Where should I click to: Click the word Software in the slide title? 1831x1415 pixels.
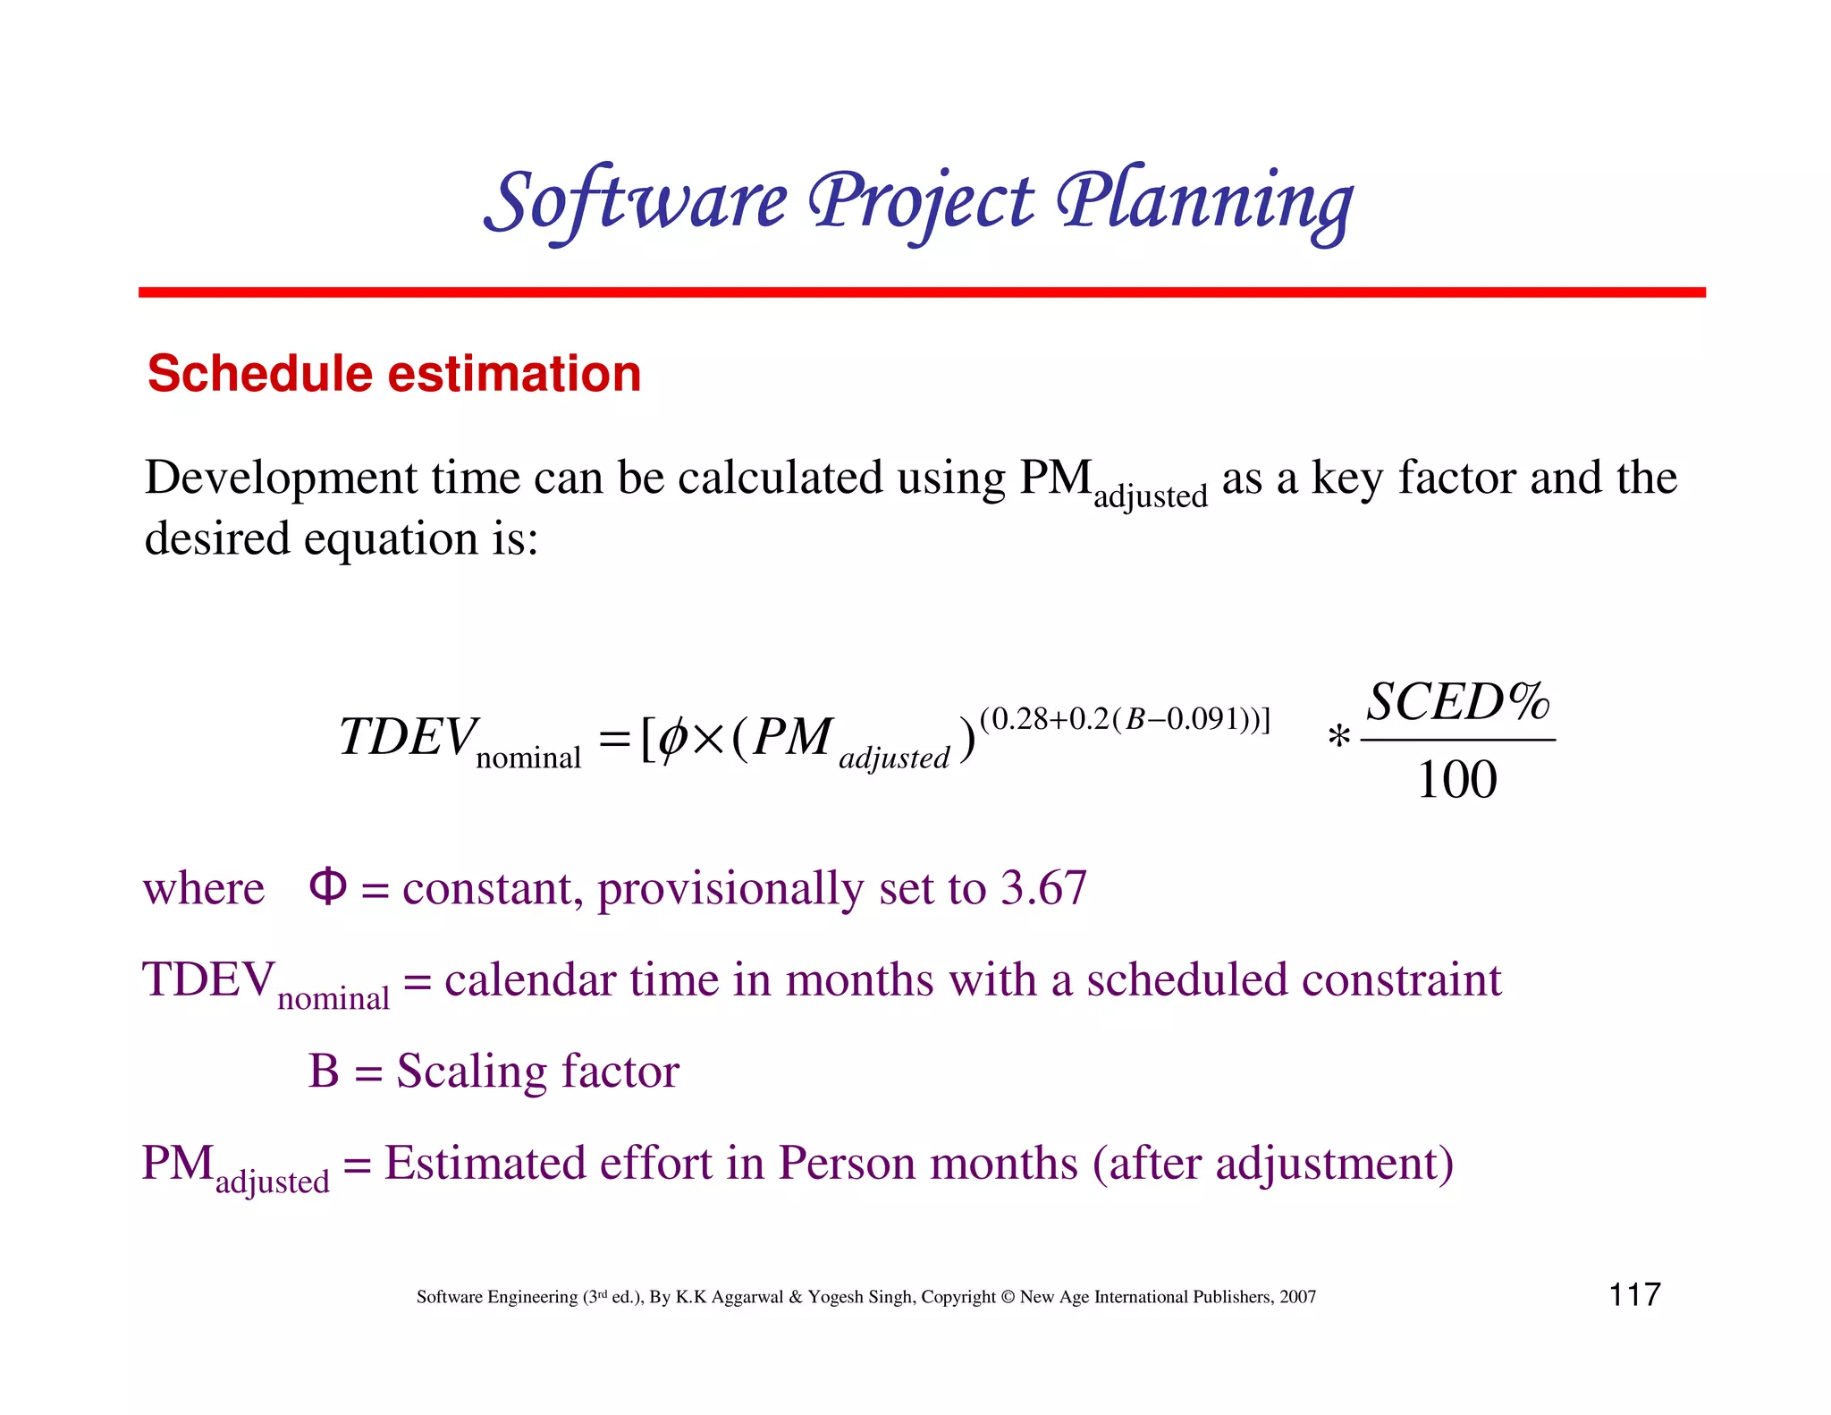[x=637, y=202]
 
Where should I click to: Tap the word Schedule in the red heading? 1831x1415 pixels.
[x=259, y=373]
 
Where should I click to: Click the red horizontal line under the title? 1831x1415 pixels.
[x=921, y=292]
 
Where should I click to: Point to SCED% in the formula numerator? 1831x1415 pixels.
[x=1457, y=702]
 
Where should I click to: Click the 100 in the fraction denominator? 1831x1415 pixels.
[x=1457, y=780]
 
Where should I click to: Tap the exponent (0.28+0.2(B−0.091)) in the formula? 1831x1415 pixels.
[x=1125, y=719]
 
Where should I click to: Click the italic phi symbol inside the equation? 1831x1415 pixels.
[x=671, y=739]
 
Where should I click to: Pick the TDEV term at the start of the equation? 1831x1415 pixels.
[x=408, y=738]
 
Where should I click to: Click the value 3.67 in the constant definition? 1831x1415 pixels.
[x=1043, y=888]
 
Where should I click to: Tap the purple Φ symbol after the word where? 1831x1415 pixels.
[x=327, y=886]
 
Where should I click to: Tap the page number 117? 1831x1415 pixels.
[x=1634, y=1294]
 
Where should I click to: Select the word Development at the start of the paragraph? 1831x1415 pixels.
[x=281, y=478]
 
